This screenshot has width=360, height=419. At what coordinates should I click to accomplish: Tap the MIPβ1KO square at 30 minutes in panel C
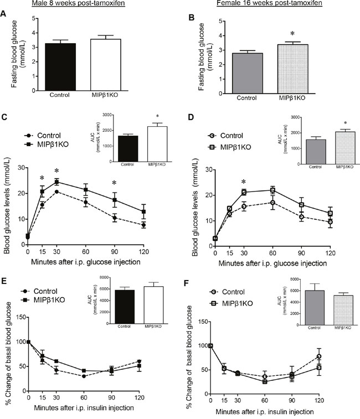(x=56, y=182)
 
